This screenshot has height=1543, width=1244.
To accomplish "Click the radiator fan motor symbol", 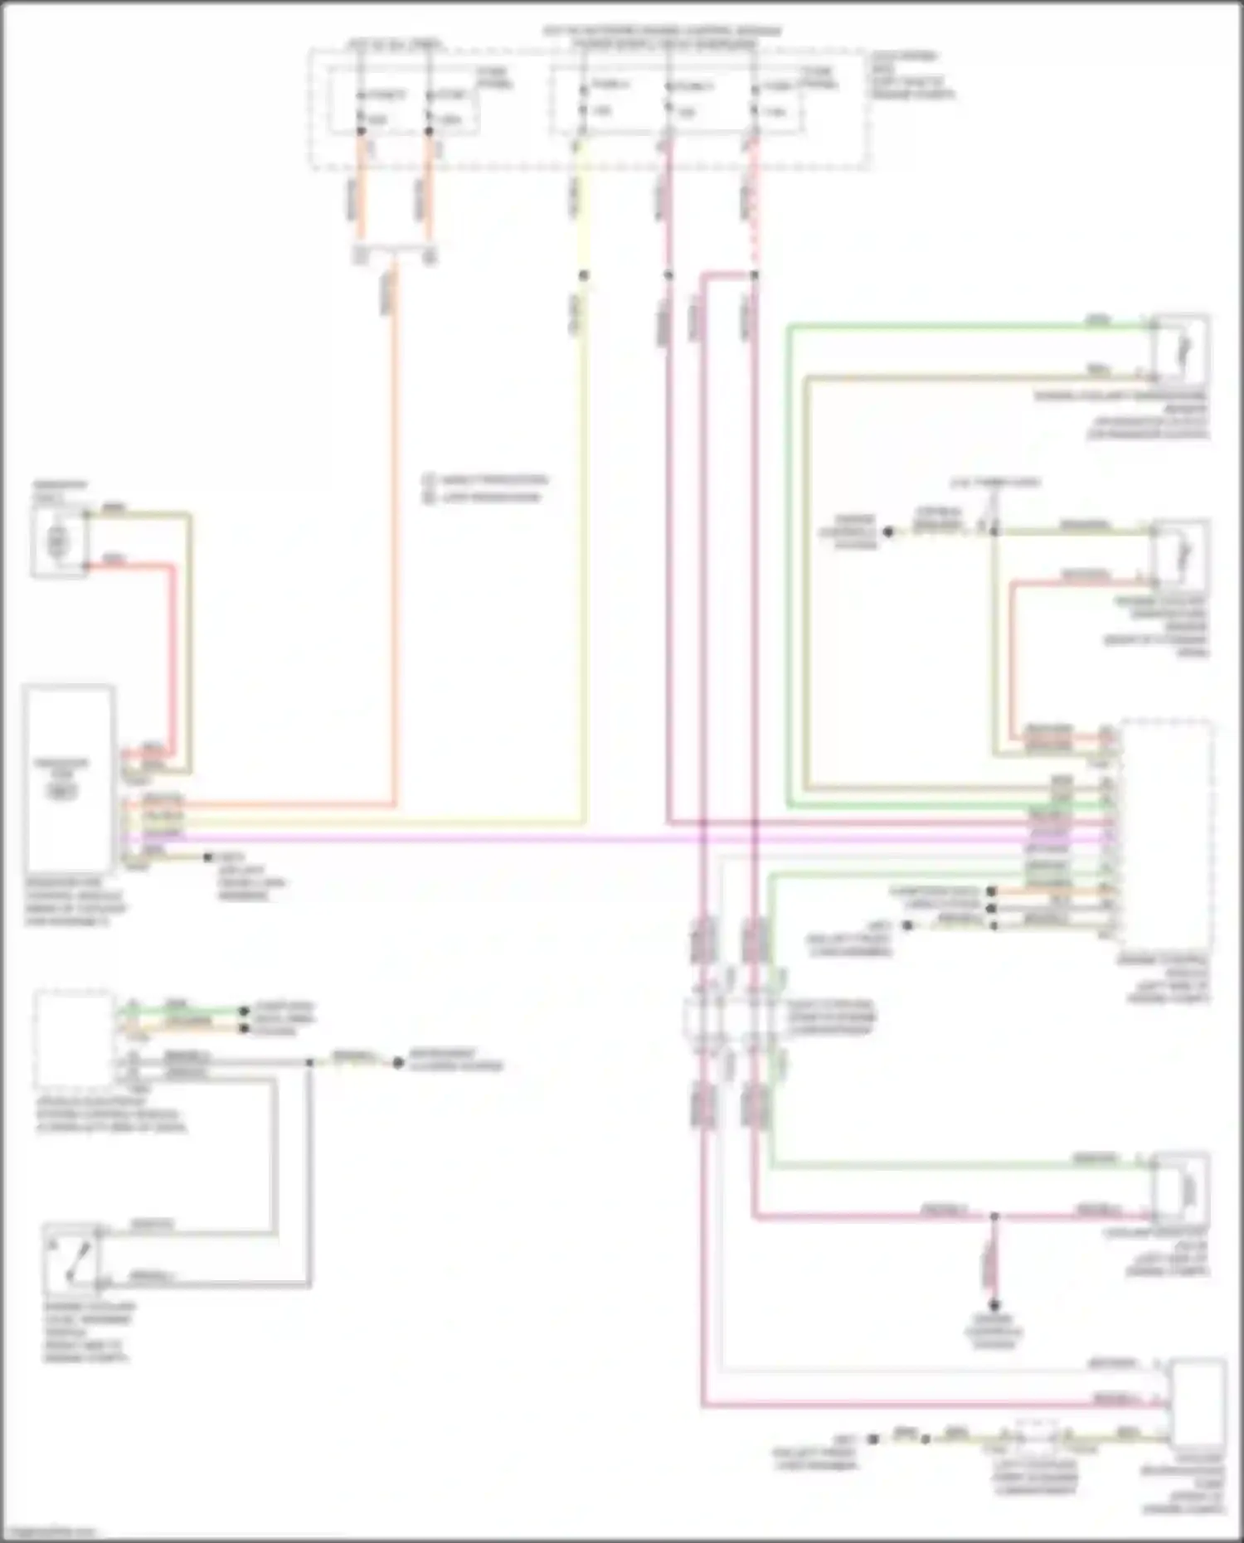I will pyautogui.click(x=58, y=542).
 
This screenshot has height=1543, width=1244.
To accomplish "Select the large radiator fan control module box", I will pyautogui.click(x=70, y=778).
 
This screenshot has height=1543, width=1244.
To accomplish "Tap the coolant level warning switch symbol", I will pyautogui.click(x=72, y=1258).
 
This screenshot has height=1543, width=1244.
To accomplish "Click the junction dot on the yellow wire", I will pyautogui.click(x=583, y=275).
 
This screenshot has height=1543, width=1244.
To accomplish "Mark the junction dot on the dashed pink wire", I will pyautogui.click(x=754, y=275).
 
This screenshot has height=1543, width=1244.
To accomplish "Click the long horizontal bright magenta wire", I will pyautogui.click(x=498, y=839).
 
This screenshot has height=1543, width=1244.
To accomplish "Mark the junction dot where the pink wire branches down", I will pyautogui.click(x=994, y=1217).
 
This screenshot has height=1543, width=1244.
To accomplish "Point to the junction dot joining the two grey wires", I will pyautogui.click(x=309, y=1062).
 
